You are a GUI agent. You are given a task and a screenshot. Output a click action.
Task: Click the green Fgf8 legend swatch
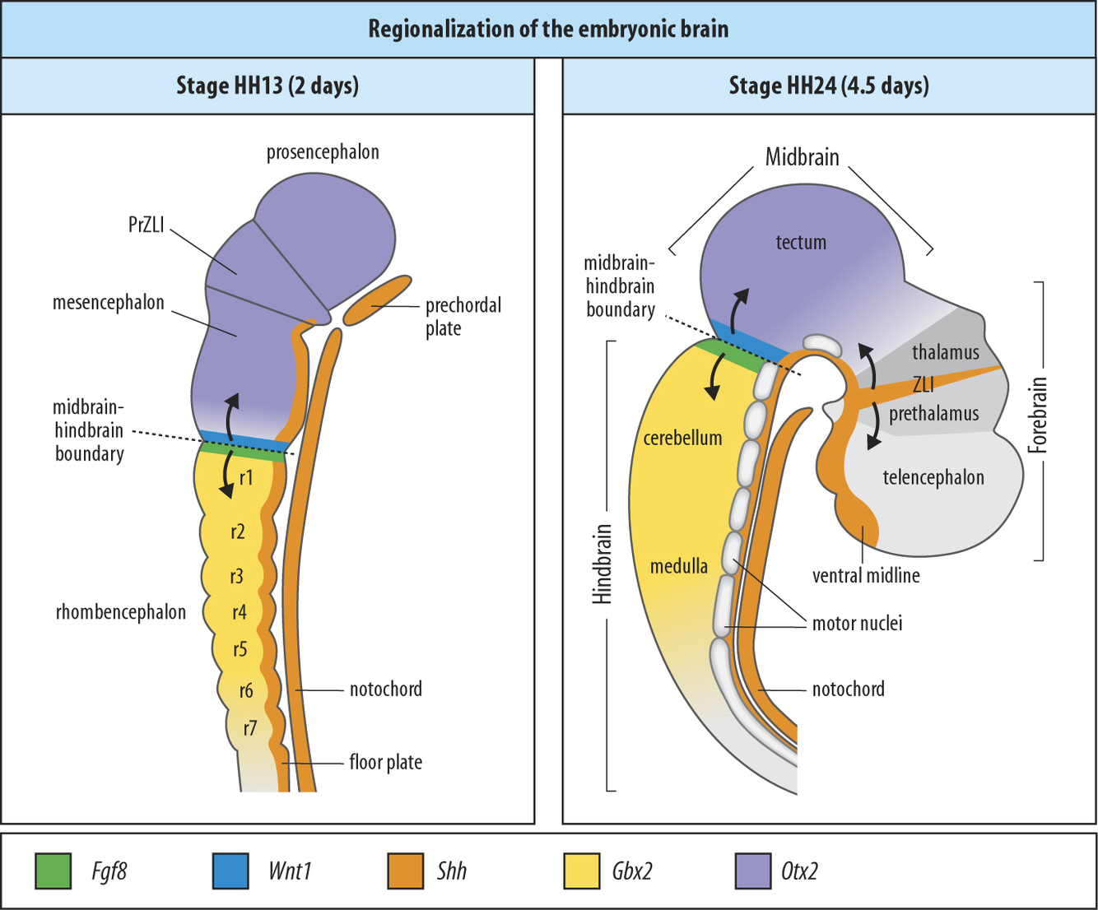tap(53, 871)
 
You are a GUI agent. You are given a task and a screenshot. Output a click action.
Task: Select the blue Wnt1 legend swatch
tap(230, 871)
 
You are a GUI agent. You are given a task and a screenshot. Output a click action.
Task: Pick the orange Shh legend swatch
tap(406, 871)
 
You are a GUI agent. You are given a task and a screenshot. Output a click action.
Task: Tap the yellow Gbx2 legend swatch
tap(582, 871)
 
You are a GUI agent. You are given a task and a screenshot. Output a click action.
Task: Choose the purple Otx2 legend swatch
tap(753, 871)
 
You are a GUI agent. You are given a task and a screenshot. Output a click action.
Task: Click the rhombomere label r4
tap(240, 612)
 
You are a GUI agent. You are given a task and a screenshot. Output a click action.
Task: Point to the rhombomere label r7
tap(249, 727)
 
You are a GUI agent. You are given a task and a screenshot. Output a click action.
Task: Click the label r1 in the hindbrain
tap(246, 477)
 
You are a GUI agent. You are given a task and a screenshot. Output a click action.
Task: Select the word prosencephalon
tap(323, 152)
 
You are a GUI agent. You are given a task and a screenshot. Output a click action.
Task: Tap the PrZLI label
tap(146, 225)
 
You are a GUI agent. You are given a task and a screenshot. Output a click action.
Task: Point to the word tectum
tap(801, 243)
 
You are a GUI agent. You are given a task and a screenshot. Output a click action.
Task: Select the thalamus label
tap(946, 353)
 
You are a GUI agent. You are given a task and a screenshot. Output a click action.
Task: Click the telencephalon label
tap(933, 478)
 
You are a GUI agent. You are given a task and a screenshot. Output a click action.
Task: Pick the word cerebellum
tap(682, 439)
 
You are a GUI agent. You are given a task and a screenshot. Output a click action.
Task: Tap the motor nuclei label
tap(857, 624)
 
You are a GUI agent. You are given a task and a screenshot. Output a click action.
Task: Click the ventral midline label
tap(866, 576)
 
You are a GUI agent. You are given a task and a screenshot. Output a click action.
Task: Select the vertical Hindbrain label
tap(603, 564)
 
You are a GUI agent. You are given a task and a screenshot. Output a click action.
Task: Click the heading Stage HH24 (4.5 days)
tap(828, 86)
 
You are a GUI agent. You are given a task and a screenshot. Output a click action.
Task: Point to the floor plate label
tap(385, 763)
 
